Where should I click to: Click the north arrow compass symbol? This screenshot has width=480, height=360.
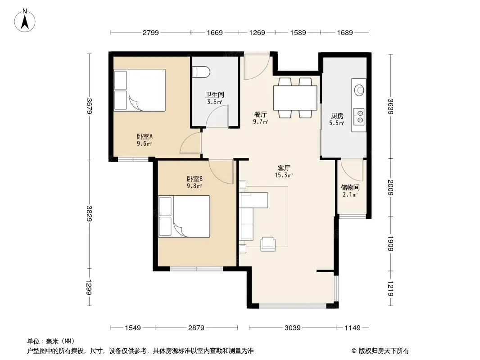25,21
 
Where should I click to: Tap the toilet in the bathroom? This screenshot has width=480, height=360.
201,72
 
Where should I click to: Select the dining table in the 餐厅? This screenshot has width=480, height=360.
295,98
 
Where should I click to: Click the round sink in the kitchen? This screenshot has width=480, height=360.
359,90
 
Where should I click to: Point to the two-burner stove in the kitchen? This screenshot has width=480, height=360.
359,117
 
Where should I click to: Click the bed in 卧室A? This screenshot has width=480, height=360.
140,90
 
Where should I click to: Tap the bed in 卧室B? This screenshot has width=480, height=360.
184,216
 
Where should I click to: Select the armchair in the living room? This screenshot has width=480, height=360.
268,244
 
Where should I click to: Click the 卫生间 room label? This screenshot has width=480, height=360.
215,94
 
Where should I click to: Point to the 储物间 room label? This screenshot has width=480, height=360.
350,187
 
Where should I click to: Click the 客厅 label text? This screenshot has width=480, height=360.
284,168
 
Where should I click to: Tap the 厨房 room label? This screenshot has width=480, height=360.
337,116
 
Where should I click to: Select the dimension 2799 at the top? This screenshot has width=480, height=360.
150,32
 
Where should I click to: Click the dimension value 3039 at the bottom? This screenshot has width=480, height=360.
292,328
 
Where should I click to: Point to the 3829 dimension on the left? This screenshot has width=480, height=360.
89,213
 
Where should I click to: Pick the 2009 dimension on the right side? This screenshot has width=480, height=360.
390,187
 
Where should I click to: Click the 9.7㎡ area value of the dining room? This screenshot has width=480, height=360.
260,122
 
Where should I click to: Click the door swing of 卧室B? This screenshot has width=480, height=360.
221,171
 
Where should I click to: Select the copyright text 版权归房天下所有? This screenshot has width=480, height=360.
384,351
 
